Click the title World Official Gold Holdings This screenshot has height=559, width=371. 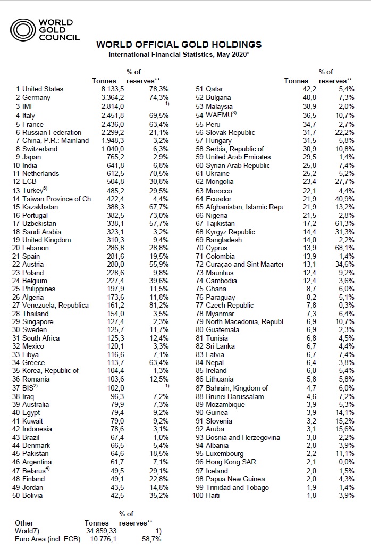[179, 44]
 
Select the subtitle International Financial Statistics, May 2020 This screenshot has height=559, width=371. [179, 54]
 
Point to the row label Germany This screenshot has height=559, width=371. [37, 98]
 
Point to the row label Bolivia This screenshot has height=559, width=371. [35, 496]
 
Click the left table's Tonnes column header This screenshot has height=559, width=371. [104, 81]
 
